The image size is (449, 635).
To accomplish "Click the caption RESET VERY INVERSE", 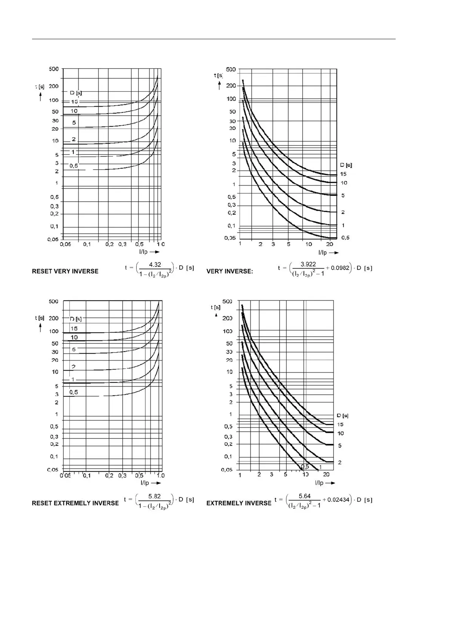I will point(65,271).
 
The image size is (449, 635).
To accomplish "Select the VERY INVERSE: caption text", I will point(229,271).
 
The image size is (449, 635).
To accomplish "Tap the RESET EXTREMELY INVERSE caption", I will point(75,503).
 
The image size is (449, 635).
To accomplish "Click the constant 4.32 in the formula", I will point(155,265).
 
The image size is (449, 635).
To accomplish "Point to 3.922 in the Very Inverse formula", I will point(308,264).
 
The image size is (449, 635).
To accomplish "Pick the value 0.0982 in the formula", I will point(340,268).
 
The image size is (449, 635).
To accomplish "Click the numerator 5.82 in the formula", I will point(154,496).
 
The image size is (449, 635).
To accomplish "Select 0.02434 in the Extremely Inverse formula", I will point(338,500).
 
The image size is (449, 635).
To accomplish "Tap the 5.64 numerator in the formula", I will point(304,496).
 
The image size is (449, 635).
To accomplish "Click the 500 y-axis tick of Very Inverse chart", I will point(231,69).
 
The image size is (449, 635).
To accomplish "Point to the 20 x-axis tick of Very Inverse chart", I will point(329,244).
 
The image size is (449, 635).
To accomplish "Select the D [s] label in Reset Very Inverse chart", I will point(75,92).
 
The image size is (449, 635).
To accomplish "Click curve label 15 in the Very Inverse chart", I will point(343,174).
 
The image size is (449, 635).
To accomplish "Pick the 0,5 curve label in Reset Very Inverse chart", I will point(74,166).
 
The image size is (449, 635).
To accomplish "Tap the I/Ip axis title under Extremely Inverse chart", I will point(319,483).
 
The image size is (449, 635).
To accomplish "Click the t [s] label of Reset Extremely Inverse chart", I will point(40,318).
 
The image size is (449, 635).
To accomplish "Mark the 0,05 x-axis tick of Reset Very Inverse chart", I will point(65,244).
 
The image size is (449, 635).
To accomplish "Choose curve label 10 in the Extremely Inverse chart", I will point(340,433).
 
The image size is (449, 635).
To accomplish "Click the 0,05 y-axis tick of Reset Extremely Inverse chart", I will point(52,470).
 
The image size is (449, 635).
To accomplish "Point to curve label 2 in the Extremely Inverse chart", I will point(340,462).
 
